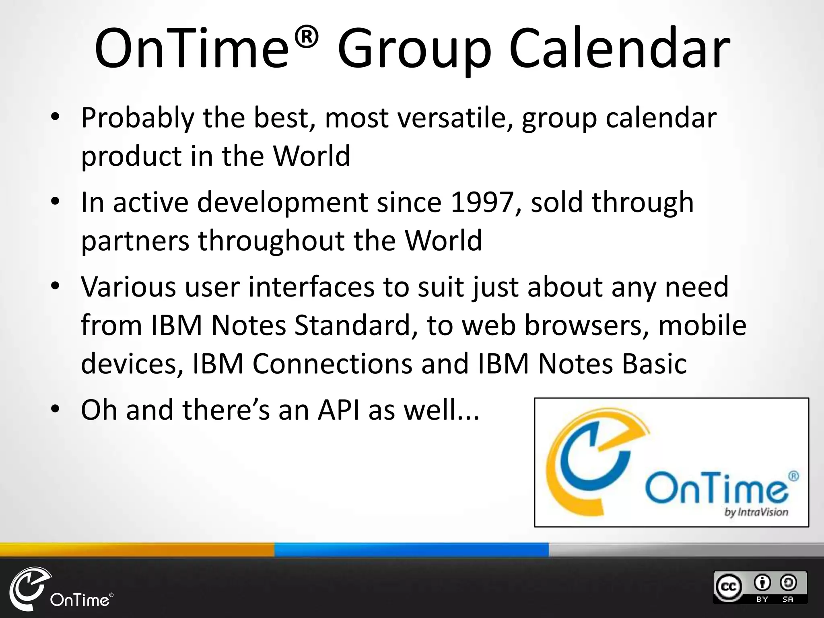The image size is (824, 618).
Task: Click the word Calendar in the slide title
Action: (x=619, y=49)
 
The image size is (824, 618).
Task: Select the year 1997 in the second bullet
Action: (x=481, y=202)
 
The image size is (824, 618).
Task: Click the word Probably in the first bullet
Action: (x=137, y=119)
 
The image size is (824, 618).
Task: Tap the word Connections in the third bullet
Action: (x=332, y=363)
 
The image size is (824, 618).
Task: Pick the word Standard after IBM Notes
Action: (x=352, y=325)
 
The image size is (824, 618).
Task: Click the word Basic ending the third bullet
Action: (x=654, y=363)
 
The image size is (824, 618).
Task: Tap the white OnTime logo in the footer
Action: (x=60, y=589)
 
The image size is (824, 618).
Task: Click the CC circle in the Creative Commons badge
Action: (x=728, y=586)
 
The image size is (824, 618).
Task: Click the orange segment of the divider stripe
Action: (x=137, y=550)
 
